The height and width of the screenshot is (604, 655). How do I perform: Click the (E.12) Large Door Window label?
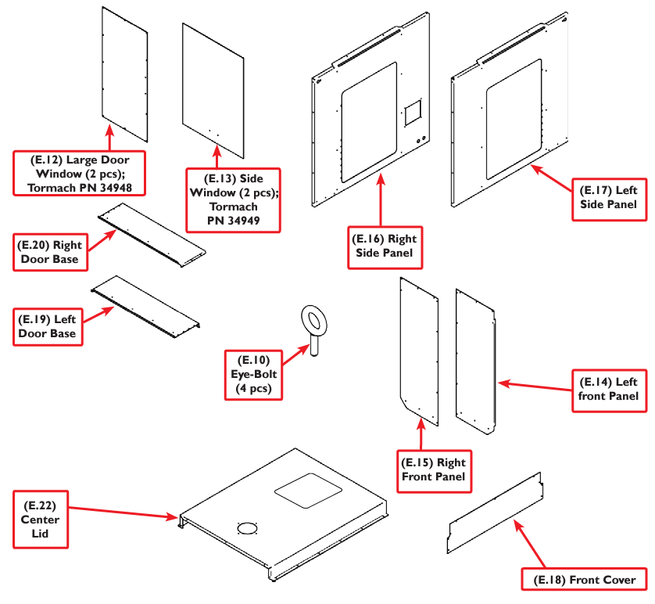79,172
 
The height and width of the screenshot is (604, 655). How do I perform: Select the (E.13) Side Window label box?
224,200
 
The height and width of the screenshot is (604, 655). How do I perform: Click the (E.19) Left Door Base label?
50,325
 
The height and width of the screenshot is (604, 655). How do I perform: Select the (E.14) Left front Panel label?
608,389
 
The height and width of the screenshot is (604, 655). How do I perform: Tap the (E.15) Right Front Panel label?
435,469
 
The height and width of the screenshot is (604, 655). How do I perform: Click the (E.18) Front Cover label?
585,580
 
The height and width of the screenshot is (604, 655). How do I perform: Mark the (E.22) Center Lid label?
41,520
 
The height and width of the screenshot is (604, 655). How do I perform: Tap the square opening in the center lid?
308,489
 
